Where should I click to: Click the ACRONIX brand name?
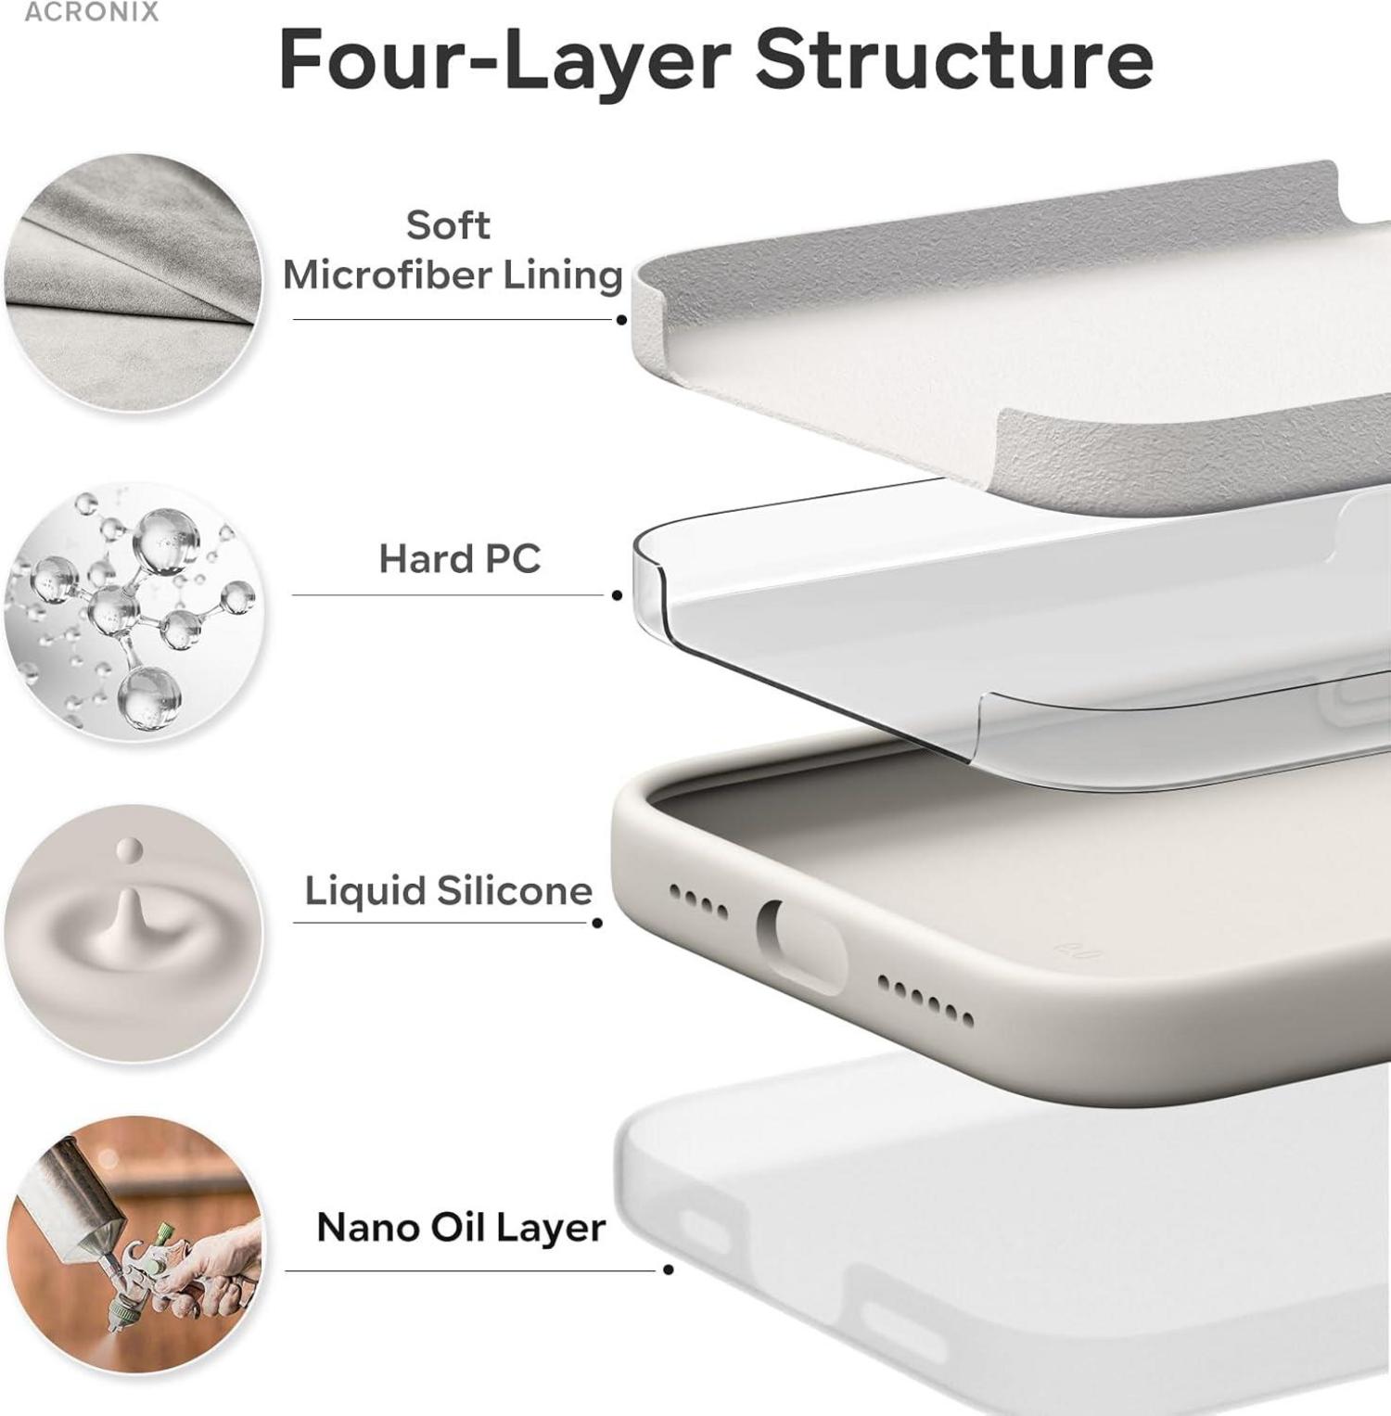click(x=91, y=12)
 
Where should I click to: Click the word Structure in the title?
click(x=954, y=59)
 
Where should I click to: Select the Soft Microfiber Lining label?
click(x=452, y=249)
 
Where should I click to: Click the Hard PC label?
click(x=459, y=558)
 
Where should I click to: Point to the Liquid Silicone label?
click(x=449, y=890)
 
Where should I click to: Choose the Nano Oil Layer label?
click(x=461, y=1228)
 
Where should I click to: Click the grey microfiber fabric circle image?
click(x=134, y=282)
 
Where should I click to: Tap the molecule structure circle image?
click(x=134, y=611)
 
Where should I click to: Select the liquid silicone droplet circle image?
click(x=134, y=933)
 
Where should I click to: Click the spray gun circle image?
click(x=134, y=1244)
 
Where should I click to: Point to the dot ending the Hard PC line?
click(x=618, y=595)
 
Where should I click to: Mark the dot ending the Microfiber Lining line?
click(x=621, y=320)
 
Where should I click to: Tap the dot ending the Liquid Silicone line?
click(x=597, y=923)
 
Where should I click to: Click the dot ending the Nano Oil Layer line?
click(x=669, y=1269)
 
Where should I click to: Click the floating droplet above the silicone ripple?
click(x=129, y=848)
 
